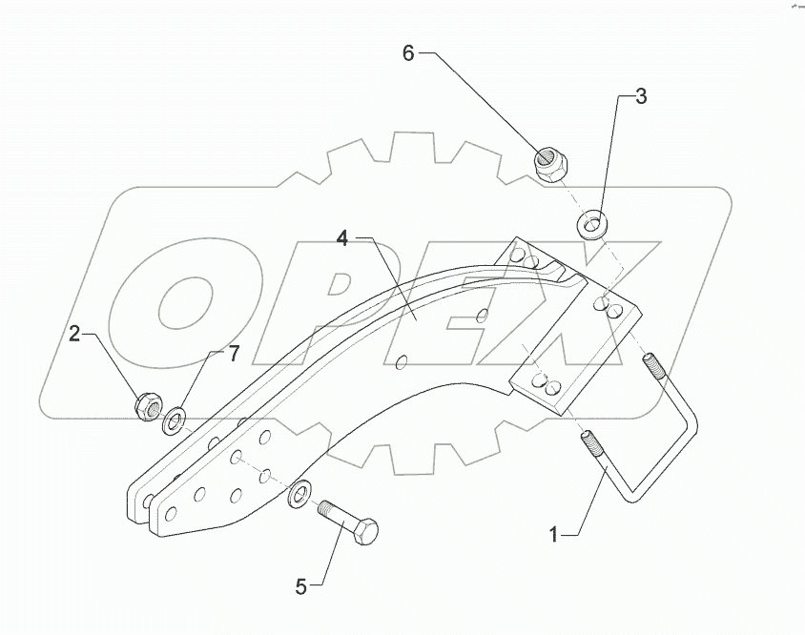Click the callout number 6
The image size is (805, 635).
point(408,53)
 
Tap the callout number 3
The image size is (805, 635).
point(641,96)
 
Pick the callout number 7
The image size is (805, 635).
point(233,355)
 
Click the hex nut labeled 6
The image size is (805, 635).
point(548,167)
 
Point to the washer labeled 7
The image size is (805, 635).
point(175,420)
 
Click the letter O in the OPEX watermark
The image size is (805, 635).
point(186,301)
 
